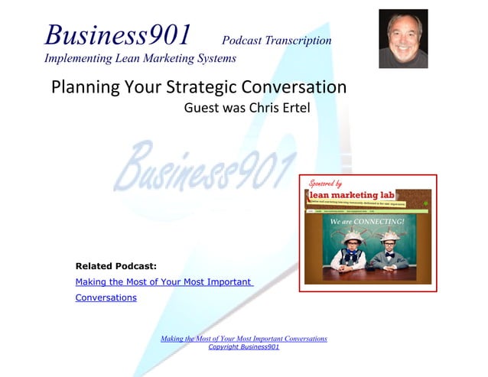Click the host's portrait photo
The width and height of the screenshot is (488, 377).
pyautogui.click(x=403, y=38)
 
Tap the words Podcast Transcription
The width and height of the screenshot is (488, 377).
pyautogui.click(x=276, y=41)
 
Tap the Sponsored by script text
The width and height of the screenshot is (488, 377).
pyautogui.click(x=325, y=184)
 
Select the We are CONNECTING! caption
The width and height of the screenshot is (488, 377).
pyautogui.click(x=366, y=222)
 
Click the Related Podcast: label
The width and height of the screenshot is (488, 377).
pyautogui.click(x=115, y=267)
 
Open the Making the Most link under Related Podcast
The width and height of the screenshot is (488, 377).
pyautogui.click(x=163, y=282)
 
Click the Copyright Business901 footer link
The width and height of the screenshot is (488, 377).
pyautogui.click(x=244, y=347)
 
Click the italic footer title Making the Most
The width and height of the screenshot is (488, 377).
pyautogui.click(x=244, y=338)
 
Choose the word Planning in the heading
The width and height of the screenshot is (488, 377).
pyautogui.click(x=83, y=86)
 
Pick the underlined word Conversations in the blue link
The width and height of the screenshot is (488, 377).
pyautogui.click(x=106, y=297)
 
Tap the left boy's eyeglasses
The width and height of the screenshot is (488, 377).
pyautogui.click(x=351, y=245)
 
